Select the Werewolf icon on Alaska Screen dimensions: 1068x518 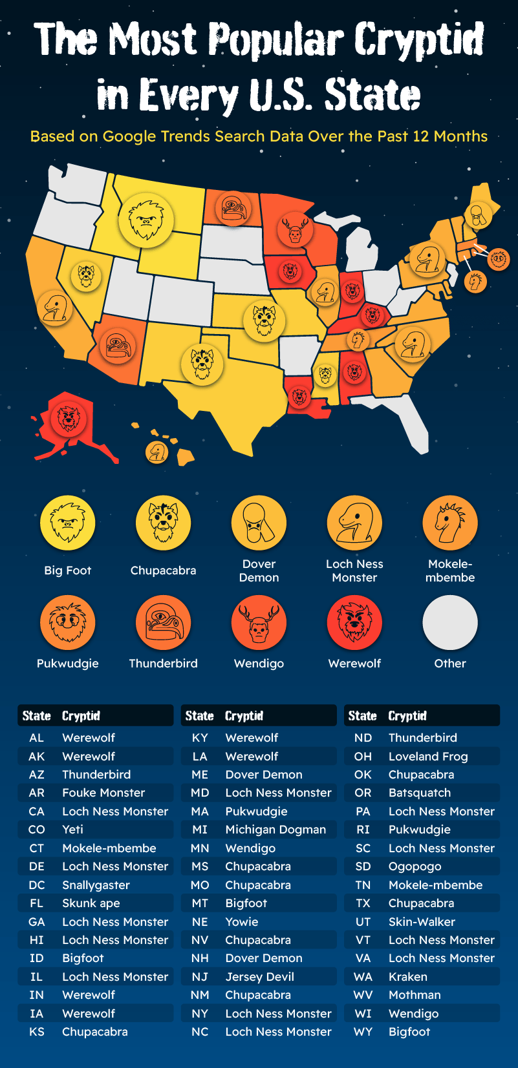point(69,418)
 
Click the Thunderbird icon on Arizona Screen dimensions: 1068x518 point(117,346)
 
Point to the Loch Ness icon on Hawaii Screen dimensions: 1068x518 point(156,452)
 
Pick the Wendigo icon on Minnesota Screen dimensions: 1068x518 point(295,231)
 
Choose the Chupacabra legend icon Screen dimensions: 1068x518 point(163,523)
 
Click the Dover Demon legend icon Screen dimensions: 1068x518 point(259,523)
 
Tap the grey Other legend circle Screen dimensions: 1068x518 point(450,622)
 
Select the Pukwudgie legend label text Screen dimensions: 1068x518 point(68,664)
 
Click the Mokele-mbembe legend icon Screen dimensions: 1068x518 point(450,523)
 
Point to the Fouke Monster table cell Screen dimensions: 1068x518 point(103,793)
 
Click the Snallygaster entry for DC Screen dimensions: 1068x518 point(96,885)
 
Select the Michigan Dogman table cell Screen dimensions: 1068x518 point(275,830)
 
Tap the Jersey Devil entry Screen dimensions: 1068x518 point(259,977)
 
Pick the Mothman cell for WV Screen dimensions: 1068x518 point(415,995)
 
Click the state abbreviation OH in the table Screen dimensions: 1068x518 point(363,756)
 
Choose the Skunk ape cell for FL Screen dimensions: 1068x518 point(91,903)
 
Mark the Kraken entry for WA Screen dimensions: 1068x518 point(407,977)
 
